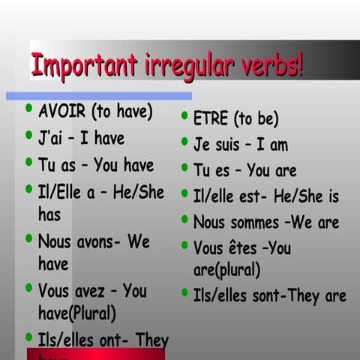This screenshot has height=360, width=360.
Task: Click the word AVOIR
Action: (62, 112)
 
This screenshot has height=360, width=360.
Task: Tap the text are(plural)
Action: (227, 269)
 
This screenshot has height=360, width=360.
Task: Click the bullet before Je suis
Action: (184, 142)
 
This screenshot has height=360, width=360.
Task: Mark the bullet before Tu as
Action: (28, 162)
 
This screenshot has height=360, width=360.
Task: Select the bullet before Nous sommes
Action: (184, 220)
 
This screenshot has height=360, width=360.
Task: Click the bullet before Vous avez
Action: (28, 288)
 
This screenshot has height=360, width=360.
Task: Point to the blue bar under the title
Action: (98, 96)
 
